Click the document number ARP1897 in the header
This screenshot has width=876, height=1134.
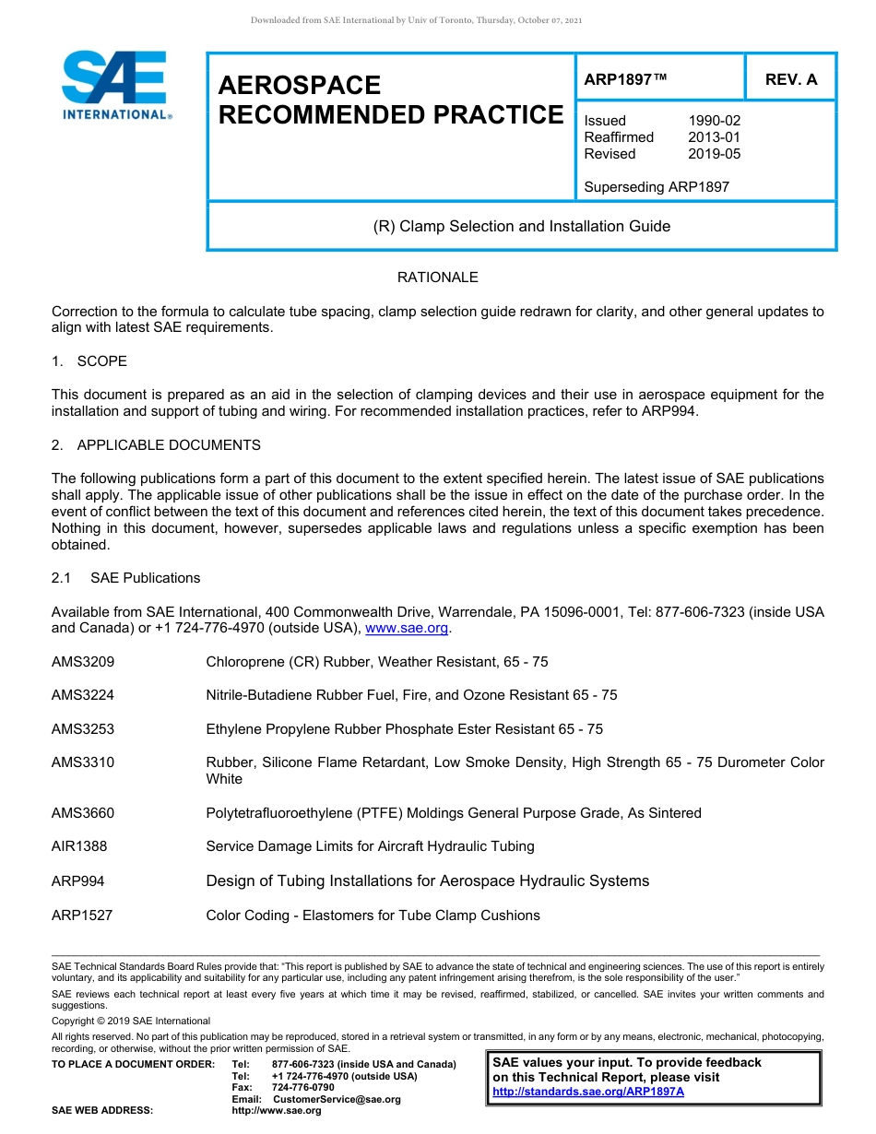[624, 79]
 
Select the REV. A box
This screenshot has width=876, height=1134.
[791, 79]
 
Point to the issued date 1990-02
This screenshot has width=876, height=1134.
[714, 121]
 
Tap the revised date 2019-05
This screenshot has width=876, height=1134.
[714, 154]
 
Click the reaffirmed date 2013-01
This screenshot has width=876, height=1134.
[714, 137]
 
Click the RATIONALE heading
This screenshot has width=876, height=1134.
[437, 278]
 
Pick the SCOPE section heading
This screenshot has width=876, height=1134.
[101, 360]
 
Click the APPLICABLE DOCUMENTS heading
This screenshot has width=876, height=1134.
[169, 445]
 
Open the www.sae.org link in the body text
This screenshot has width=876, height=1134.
[407, 629]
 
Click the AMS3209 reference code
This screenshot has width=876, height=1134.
[83, 662]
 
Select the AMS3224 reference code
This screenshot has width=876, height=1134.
[83, 695]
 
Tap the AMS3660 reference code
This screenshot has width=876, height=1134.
[83, 813]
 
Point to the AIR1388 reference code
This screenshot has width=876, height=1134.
[79, 846]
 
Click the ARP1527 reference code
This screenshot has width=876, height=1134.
[82, 915]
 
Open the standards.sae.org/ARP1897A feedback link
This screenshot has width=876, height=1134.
[588, 1092]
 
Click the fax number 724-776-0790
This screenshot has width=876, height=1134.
[303, 1088]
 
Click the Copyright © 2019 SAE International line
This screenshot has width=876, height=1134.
[131, 1021]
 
